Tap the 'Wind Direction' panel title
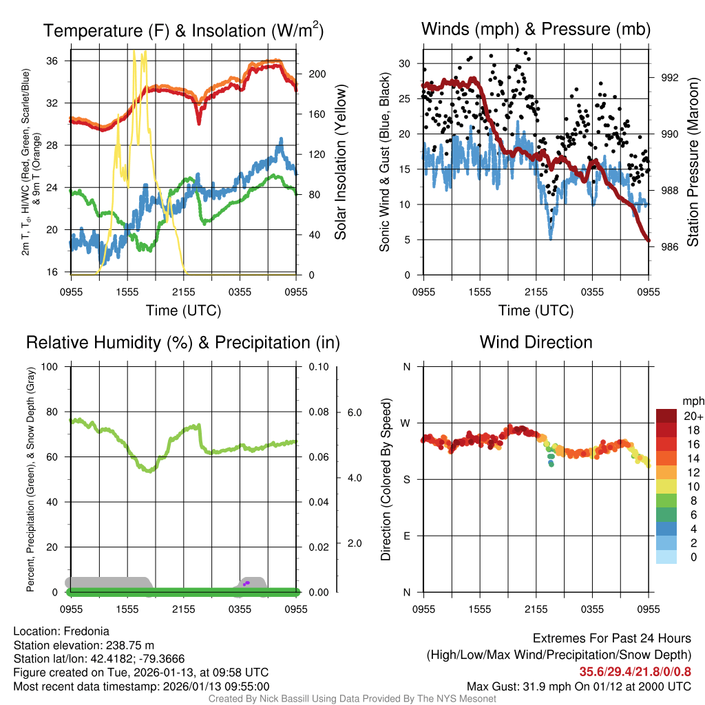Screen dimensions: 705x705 pyautogui.click(x=536, y=342)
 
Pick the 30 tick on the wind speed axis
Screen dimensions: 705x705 pyautogui.click(x=406, y=63)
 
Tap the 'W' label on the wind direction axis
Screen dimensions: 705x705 pyautogui.click(x=406, y=423)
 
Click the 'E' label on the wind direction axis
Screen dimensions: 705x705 pyautogui.click(x=406, y=536)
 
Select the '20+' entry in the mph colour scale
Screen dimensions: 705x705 pyautogui.click(x=692, y=416)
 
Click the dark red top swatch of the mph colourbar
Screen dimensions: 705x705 pyautogui.click(x=666, y=416)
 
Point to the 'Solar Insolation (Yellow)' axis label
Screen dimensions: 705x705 pyautogui.click(x=340, y=162)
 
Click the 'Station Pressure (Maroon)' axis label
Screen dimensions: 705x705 pyautogui.click(x=693, y=162)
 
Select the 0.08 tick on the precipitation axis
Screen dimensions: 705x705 pyautogui.click(x=317, y=412)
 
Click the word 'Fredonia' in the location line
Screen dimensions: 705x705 pyautogui.click(x=85, y=631)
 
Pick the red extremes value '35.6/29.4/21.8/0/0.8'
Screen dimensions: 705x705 pyautogui.click(x=635, y=671)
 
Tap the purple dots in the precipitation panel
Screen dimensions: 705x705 pyautogui.click(x=246, y=583)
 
